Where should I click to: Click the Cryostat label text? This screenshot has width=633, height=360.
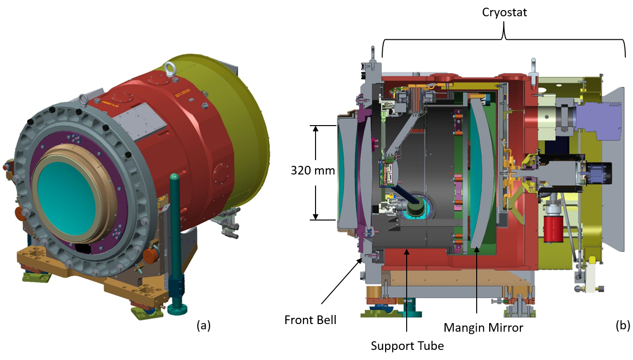point(504,12)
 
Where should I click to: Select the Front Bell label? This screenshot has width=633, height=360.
point(310,319)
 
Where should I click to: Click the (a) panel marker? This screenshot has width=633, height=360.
point(204,326)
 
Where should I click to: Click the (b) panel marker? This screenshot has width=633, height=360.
point(622,326)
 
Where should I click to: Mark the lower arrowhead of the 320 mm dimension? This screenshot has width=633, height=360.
point(316,216)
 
